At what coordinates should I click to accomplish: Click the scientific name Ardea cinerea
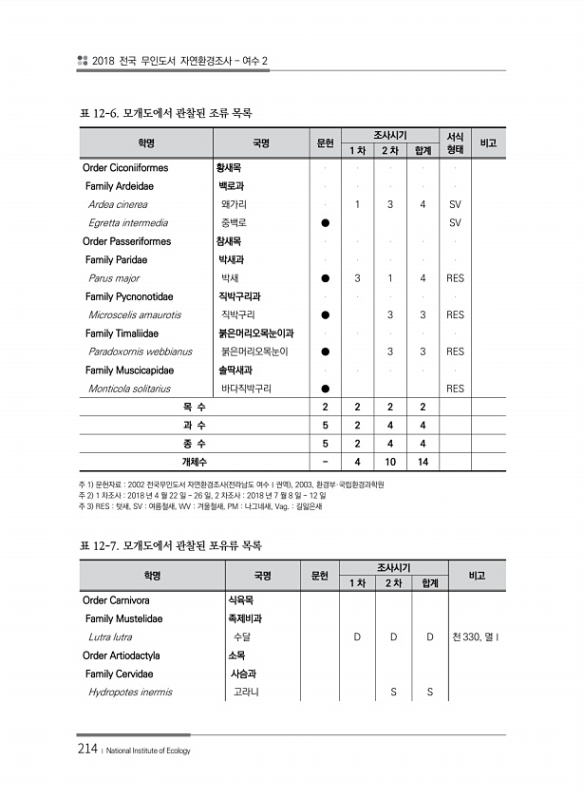click(x=118, y=204)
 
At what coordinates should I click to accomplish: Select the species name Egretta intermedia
click(x=128, y=223)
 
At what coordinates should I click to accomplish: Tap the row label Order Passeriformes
click(x=127, y=241)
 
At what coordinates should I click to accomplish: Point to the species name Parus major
click(x=113, y=278)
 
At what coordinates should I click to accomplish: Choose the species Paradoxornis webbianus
click(x=140, y=351)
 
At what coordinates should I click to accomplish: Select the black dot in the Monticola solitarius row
click(x=325, y=389)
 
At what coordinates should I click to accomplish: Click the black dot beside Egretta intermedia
click(x=325, y=223)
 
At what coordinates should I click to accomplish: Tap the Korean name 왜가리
click(x=235, y=204)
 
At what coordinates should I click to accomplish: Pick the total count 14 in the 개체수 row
click(x=423, y=462)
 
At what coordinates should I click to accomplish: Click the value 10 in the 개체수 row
click(x=389, y=462)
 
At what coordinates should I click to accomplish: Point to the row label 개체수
click(x=195, y=462)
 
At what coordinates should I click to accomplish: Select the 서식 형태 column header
click(x=455, y=143)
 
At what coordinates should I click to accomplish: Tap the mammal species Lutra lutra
click(x=110, y=636)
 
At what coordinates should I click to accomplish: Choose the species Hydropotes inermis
click(x=130, y=692)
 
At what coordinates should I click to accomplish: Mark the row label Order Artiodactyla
click(x=122, y=655)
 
